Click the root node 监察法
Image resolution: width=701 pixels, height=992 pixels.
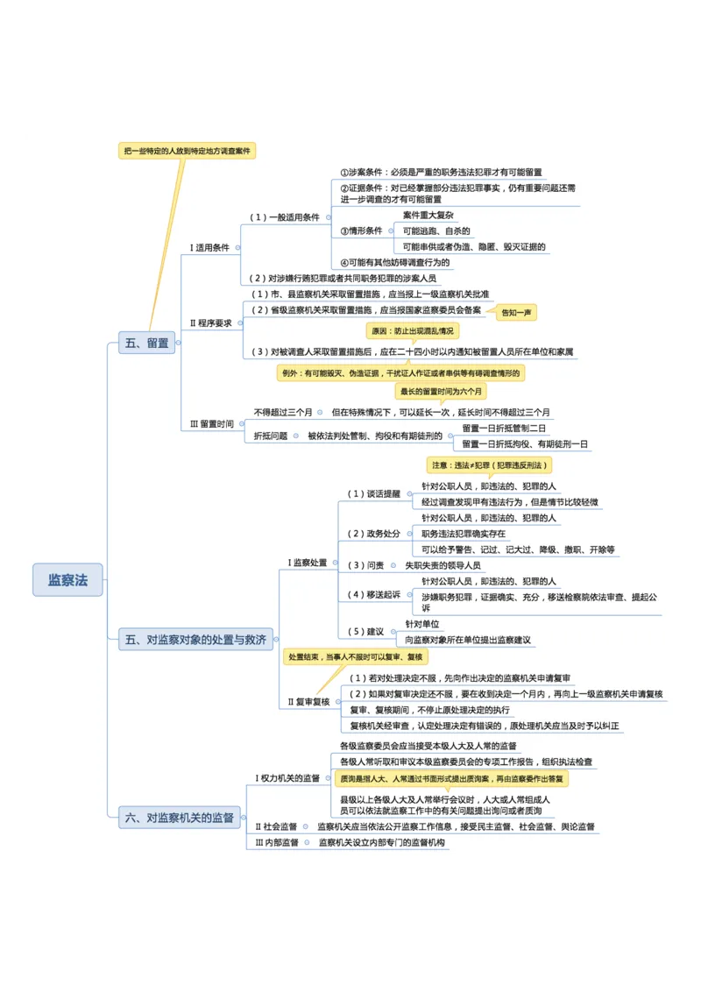click(x=68, y=580)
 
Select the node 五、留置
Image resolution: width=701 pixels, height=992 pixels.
click(x=147, y=344)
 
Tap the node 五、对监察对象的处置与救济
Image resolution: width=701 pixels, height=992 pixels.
click(x=195, y=640)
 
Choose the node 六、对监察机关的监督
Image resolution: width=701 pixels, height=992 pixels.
click(x=181, y=818)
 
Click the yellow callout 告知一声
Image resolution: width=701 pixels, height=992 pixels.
click(x=518, y=313)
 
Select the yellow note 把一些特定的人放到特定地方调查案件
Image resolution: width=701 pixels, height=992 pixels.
click(x=188, y=151)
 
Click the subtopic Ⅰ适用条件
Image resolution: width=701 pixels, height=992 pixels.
click(x=210, y=248)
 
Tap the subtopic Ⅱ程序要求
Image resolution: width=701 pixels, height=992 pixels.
click(x=211, y=323)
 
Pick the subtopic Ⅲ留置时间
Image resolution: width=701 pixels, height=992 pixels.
click(x=212, y=423)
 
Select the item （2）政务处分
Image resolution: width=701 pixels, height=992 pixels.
click(x=374, y=534)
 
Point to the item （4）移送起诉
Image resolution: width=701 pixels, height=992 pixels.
click(x=374, y=594)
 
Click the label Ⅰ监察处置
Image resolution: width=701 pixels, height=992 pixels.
click(x=308, y=563)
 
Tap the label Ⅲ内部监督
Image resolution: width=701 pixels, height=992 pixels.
click(x=277, y=842)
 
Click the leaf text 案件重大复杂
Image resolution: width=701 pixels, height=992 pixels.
click(x=428, y=216)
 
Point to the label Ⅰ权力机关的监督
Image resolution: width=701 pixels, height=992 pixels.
click(x=287, y=777)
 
